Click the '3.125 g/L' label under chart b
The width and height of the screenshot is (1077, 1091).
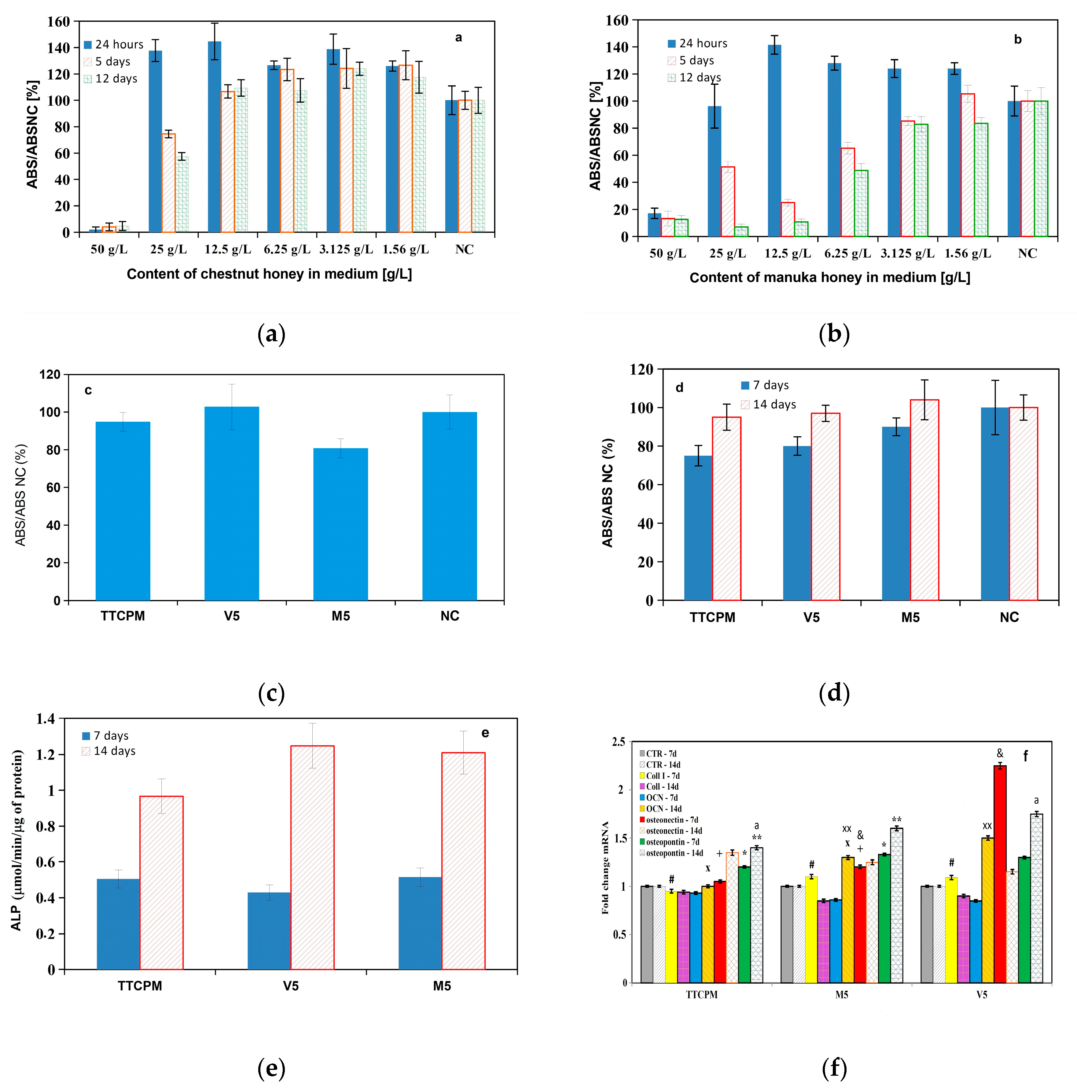[907, 253]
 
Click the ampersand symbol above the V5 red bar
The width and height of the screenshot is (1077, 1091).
[1000, 753]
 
